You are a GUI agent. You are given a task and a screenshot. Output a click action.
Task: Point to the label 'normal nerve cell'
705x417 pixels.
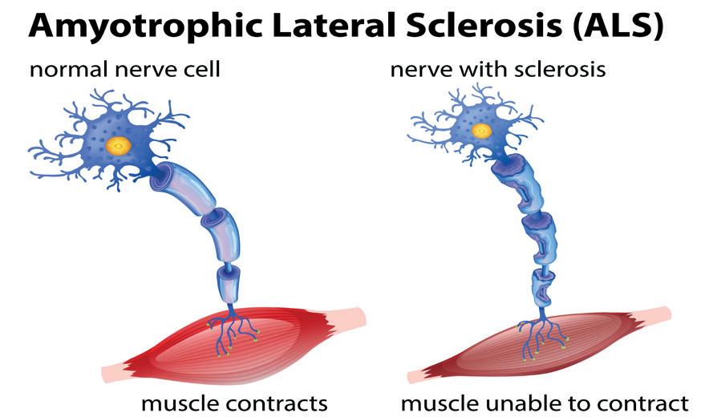pyautogui.click(x=124, y=70)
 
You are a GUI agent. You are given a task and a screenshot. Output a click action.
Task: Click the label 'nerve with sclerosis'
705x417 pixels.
pyautogui.click(x=498, y=70)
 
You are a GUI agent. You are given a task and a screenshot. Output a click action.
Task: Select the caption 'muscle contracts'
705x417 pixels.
pyautogui.click(x=234, y=401)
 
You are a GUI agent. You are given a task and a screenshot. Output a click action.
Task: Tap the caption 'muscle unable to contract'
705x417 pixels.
pyautogui.click(x=545, y=401)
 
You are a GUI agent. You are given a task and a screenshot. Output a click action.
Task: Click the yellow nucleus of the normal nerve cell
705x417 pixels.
pyautogui.click(x=120, y=145)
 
